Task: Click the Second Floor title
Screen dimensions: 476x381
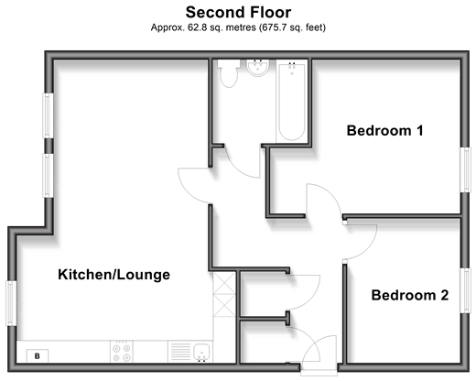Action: tap(238, 13)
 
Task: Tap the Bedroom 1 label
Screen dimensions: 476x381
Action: tap(385, 131)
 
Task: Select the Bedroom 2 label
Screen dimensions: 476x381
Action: tap(410, 295)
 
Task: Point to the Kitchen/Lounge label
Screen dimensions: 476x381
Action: tap(114, 275)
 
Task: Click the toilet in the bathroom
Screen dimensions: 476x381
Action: tap(229, 73)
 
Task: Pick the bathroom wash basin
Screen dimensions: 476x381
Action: tap(258, 68)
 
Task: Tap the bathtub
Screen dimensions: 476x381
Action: tap(292, 101)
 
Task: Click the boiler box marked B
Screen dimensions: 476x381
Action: tap(38, 356)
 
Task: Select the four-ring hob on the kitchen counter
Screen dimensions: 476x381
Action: tap(122, 352)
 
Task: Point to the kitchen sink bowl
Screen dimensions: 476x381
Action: tap(201, 352)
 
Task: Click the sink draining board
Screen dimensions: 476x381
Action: tap(180, 352)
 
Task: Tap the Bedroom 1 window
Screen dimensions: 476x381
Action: tap(465, 169)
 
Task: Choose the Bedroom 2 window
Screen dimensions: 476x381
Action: tap(465, 290)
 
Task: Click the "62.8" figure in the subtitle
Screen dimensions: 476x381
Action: tap(197, 27)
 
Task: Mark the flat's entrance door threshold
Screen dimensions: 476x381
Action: tap(319, 369)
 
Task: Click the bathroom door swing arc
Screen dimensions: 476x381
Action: tap(241, 167)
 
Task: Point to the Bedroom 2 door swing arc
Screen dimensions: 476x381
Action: tap(368, 245)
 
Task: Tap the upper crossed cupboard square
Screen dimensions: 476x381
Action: tap(224, 283)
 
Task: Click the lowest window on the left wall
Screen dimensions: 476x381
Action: tap(12, 303)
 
